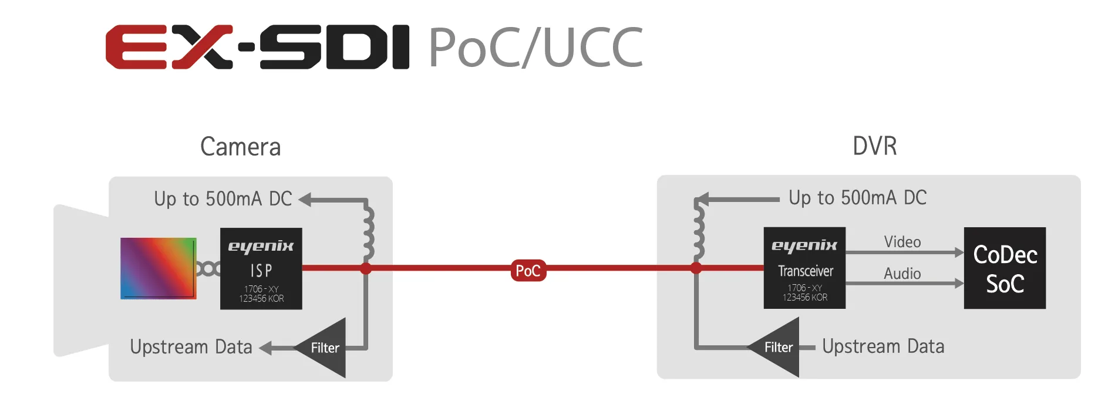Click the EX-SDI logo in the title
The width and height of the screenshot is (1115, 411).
[257, 47]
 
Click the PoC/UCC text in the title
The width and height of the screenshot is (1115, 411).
[535, 48]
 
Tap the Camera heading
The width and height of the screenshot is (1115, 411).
[240, 147]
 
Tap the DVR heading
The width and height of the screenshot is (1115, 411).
[874, 146]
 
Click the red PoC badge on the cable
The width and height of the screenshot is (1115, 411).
[528, 271]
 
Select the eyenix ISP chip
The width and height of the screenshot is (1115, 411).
[261, 268]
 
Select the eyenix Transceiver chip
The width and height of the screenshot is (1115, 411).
[804, 268]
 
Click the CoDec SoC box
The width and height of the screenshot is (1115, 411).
[1005, 268]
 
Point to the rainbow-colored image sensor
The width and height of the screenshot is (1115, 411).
[158, 268]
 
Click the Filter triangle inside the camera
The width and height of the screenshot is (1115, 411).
[325, 348]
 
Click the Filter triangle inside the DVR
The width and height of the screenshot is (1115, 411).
[779, 347]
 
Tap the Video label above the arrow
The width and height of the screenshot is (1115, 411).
[902, 242]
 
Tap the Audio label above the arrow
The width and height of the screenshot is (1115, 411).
[902, 274]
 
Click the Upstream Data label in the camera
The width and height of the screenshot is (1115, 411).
[191, 347]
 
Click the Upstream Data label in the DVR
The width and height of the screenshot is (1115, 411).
[883, 346]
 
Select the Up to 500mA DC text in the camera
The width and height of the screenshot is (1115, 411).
[223, 199]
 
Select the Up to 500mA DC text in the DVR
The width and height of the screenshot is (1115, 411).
[857, 198]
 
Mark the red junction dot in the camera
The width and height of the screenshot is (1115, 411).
[366, 269]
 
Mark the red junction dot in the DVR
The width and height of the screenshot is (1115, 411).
[696, 268]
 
